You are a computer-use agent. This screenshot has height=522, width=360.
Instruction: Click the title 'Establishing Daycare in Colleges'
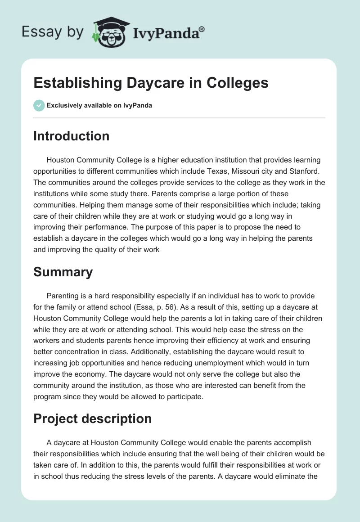[151, 83]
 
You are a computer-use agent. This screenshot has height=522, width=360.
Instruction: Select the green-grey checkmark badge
[39, 105]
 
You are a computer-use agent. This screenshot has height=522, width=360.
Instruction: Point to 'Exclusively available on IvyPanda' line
[99, 105]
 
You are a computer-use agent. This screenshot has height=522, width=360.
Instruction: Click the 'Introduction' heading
[71, 136]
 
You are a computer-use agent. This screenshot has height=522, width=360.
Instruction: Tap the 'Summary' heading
[63, 272]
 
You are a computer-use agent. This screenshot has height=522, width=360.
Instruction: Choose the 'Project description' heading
[92, 418]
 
